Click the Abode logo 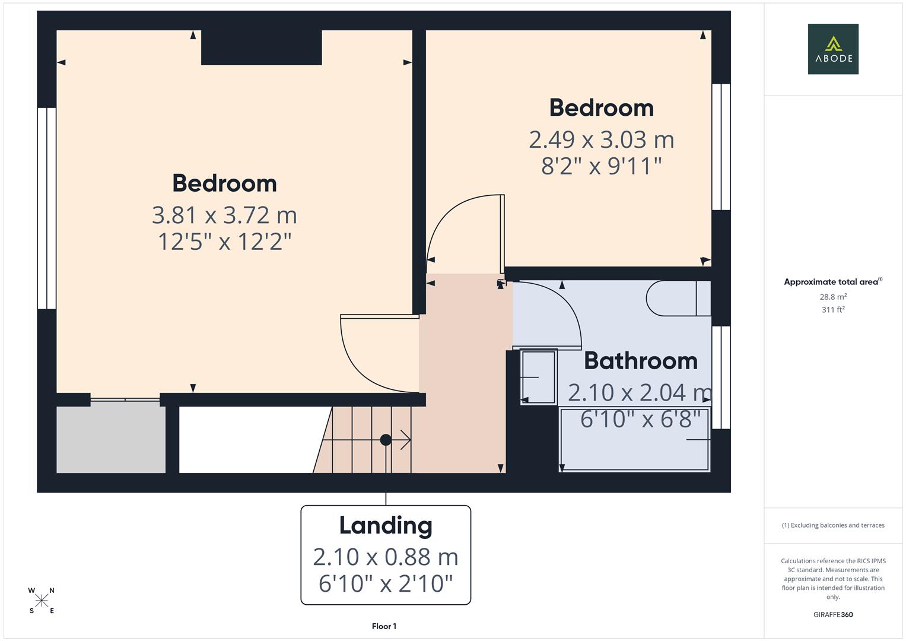832,49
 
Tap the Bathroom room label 640,361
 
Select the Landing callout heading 386,525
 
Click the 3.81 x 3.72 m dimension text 224,215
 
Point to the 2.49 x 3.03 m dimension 601,139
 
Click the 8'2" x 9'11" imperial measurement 601,166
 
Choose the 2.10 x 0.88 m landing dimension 386,557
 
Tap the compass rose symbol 42,601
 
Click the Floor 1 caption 384,626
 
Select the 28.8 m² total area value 833,297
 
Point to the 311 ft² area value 833,309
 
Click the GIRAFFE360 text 833,614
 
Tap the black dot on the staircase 386,440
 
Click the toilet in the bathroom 676,298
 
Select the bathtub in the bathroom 634,440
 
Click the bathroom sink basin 539,377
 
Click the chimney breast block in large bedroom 261,47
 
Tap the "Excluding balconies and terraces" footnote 833,525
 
